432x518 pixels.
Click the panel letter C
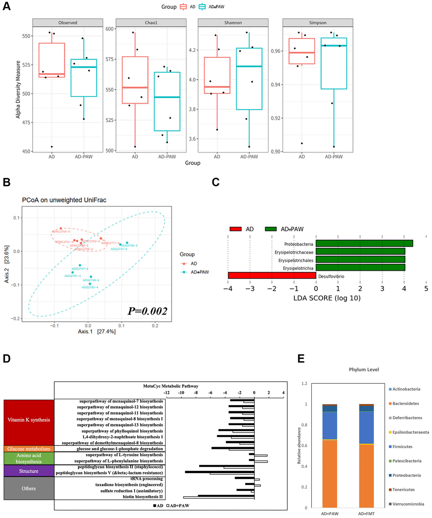point(216,182)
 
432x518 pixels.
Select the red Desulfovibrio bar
point(272,276)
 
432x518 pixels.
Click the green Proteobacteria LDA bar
point(364,243)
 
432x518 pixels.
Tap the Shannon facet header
point(233,22)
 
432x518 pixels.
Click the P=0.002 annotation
point(147,311)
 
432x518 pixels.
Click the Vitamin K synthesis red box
point(29,420)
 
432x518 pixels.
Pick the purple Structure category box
point(29,471)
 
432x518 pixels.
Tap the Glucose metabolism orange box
point(29,448)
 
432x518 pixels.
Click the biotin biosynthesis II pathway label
point(143,496)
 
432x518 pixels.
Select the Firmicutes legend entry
point(402,446)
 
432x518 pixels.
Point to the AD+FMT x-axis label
point(366,514)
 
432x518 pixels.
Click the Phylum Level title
point(364,370)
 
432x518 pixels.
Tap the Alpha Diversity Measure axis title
point(18,89)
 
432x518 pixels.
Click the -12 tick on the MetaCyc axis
point(167,393)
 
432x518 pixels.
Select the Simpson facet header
point(318,22)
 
